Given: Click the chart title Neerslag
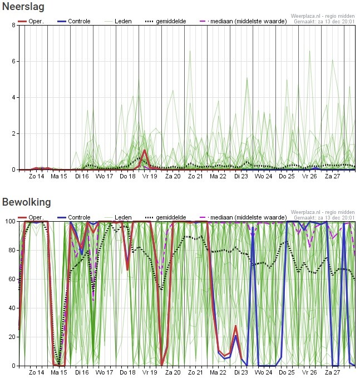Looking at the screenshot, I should [23, 7].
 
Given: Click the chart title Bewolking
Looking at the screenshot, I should [26, 202].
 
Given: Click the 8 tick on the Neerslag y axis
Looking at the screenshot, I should [14, 25].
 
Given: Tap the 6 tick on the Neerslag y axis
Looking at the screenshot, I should [14, 61].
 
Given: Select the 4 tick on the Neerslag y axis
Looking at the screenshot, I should [14, 98].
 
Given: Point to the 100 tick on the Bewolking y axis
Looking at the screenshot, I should [11, 221].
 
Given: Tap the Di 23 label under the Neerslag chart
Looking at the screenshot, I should [241, 176].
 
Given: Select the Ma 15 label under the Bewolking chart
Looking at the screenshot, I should [59, 372].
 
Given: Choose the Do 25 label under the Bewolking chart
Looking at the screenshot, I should [287, 372].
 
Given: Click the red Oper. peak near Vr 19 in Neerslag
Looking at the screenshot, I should [145, 151].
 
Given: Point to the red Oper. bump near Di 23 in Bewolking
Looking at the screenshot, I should [235, 327].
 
